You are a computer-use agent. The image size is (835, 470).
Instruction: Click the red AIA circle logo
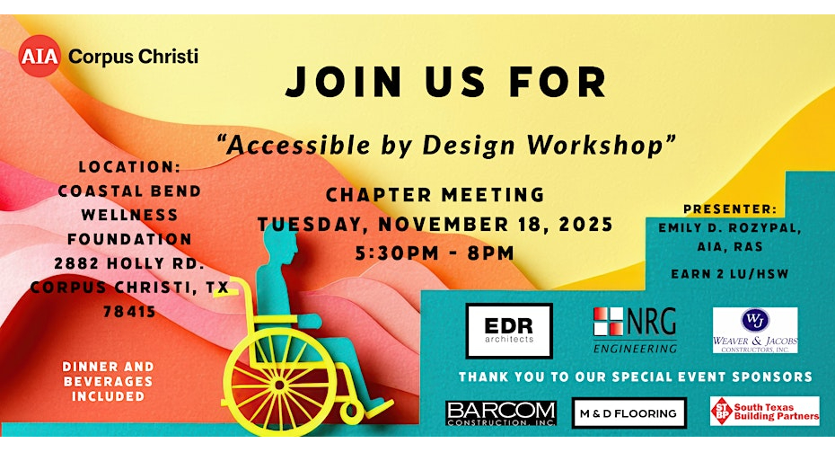(x=40, y=56)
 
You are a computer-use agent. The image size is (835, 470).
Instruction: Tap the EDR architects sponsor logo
(x=509, y=331)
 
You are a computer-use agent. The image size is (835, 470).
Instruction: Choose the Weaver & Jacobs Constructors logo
(x=755, y=331)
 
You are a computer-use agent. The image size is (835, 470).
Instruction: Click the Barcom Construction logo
(x=501, y=413)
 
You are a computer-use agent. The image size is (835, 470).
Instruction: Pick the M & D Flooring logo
(x=628, y=413)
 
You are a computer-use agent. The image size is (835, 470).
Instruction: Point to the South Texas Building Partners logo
(x=765, y=411)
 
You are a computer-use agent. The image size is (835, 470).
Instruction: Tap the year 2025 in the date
(x=585, y=225)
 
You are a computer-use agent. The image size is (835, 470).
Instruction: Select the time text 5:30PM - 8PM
(x=435, y=253)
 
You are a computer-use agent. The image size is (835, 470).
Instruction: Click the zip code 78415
(x=129, y=311)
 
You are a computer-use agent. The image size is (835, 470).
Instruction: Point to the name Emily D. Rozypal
(x=730, y=228)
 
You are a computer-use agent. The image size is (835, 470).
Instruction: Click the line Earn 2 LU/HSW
(x=730, y=274)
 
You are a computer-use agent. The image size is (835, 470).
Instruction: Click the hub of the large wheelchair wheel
(x=279, y=383)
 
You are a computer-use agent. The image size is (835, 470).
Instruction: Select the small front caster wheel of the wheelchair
(x=352, y=411)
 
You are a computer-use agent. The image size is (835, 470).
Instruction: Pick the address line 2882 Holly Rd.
(x=129, y=263)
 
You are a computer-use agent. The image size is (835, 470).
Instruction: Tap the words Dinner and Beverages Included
(x=108, y=382)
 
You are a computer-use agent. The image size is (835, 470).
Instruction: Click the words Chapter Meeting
(x=435, y=194)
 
